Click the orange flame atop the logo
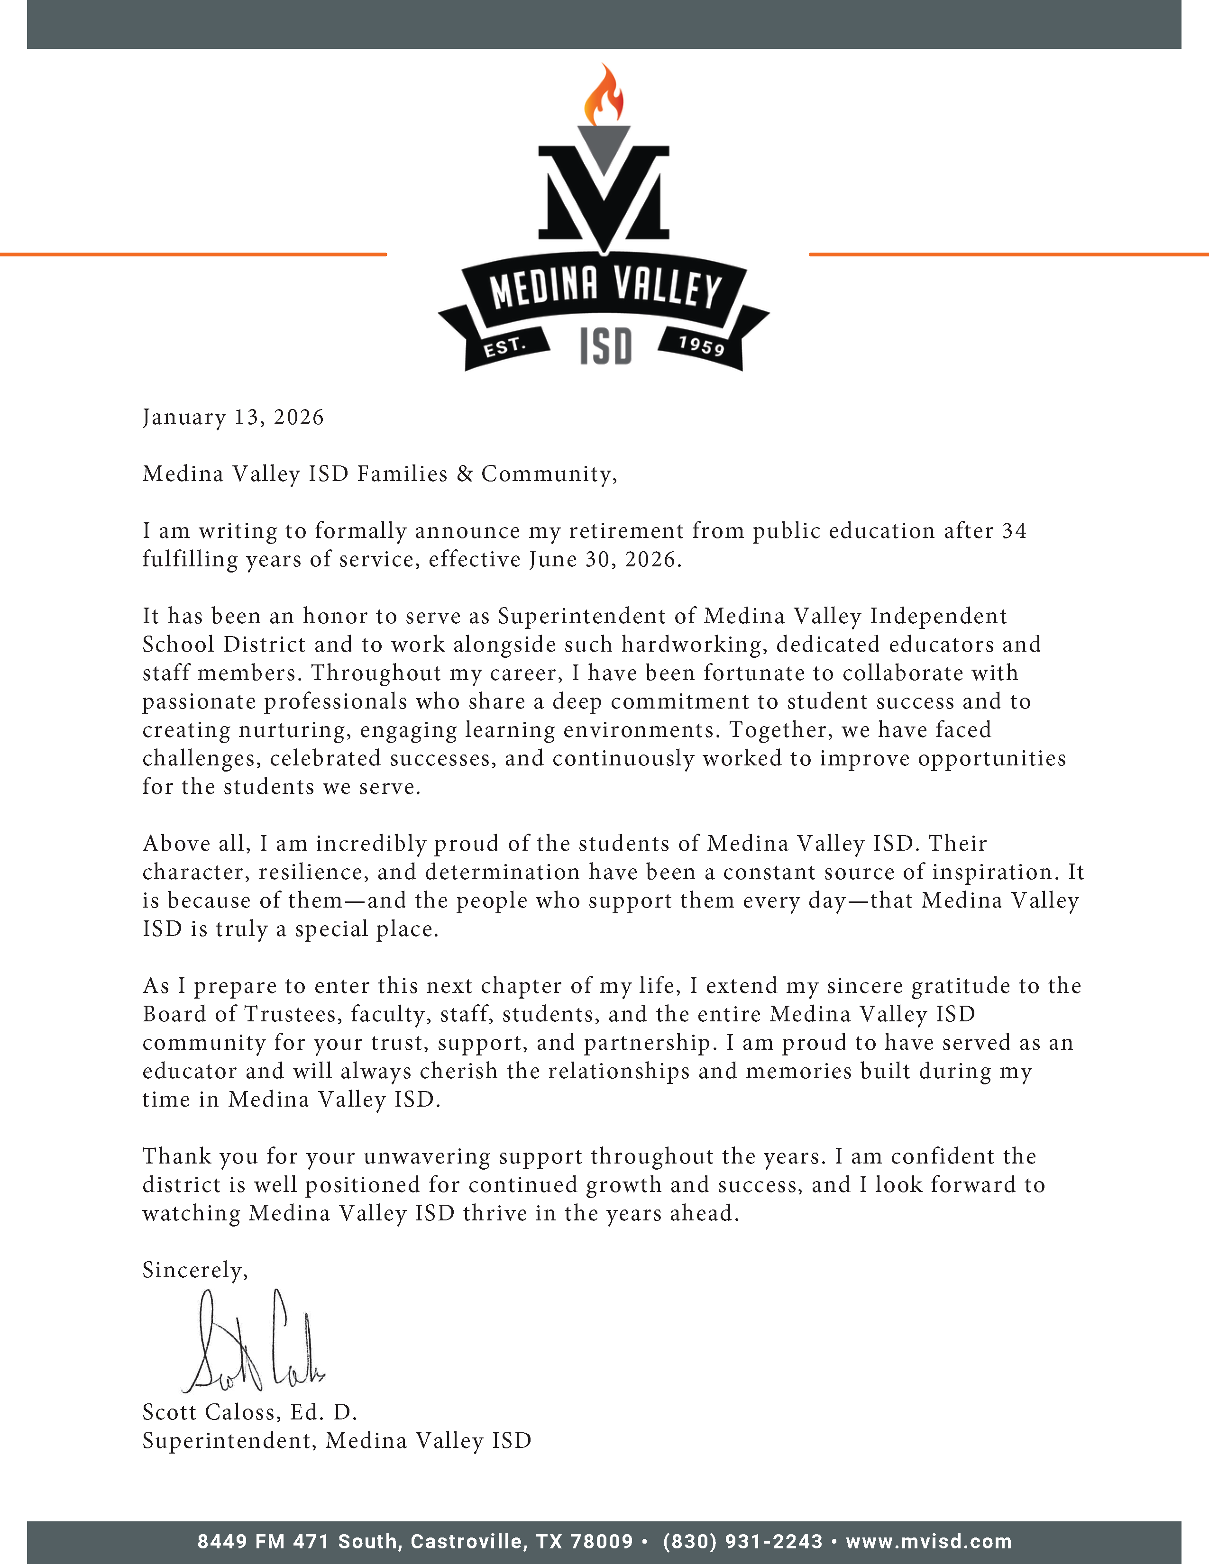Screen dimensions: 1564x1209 click(x=603, y=95)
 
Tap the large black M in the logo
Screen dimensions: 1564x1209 click(x=604, y=192)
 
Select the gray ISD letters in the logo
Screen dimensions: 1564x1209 click(x=605, y=346)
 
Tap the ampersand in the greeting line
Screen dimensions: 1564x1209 click(x=465, y=473)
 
